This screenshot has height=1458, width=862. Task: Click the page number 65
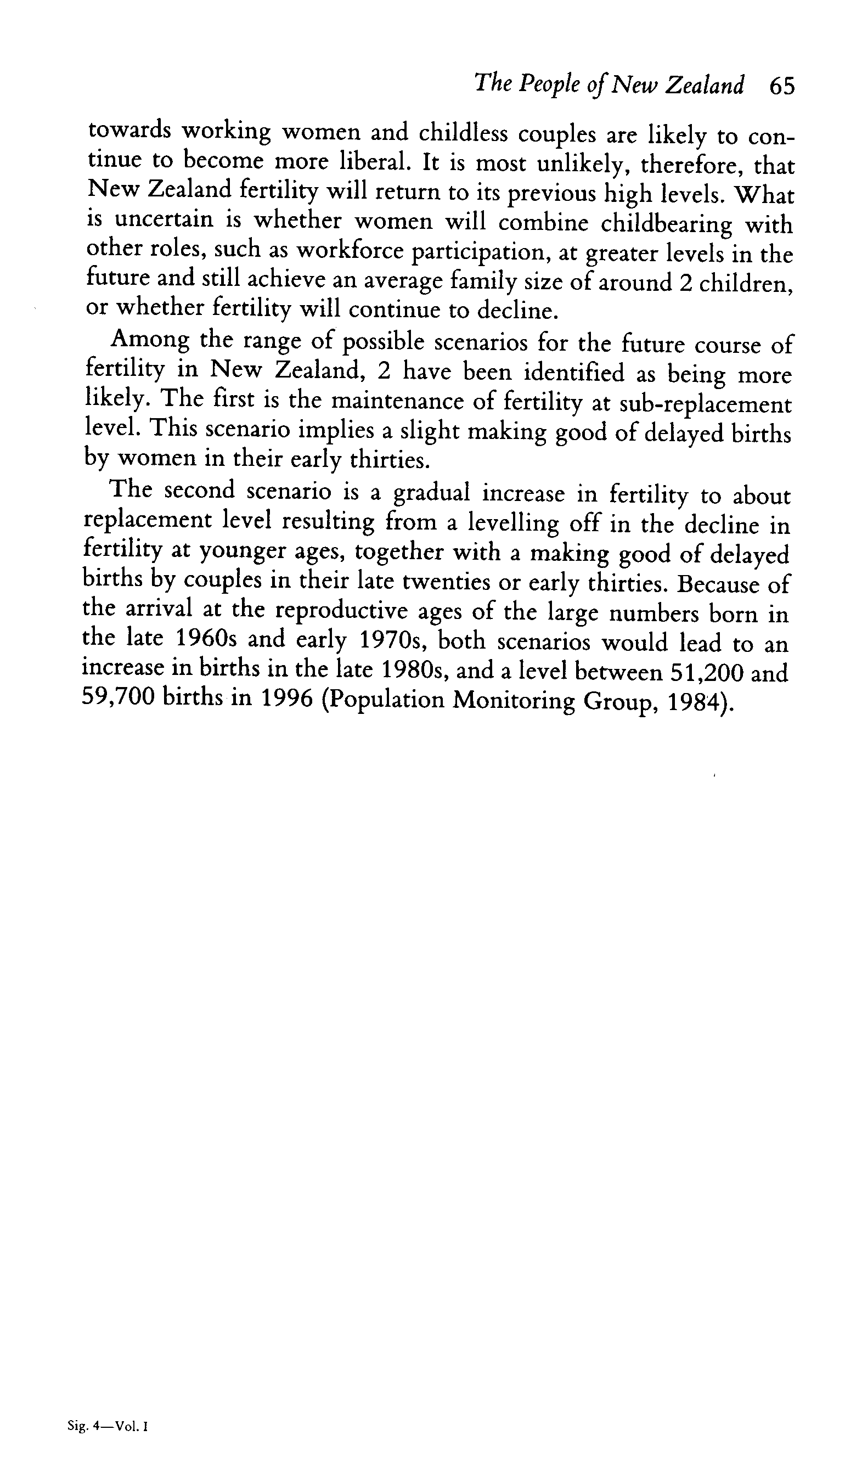tap(781, 87)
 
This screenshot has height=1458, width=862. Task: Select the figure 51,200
tap(706, 672)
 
